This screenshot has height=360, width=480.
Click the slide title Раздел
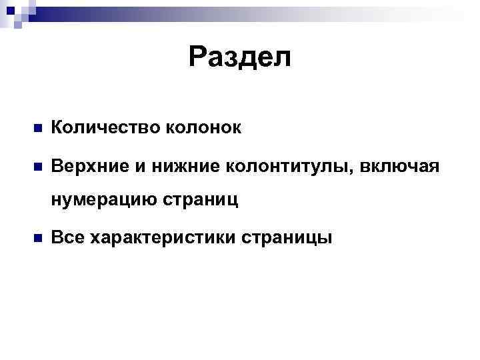coord(239,57)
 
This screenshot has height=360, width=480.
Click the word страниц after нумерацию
coord(203,201)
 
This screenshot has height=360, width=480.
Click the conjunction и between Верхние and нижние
coord(139,165)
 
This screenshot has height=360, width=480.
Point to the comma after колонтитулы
coord(353,170)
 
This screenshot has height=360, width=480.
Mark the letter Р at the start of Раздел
coord(197,57)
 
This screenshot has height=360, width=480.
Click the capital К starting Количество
coord(57,128)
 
